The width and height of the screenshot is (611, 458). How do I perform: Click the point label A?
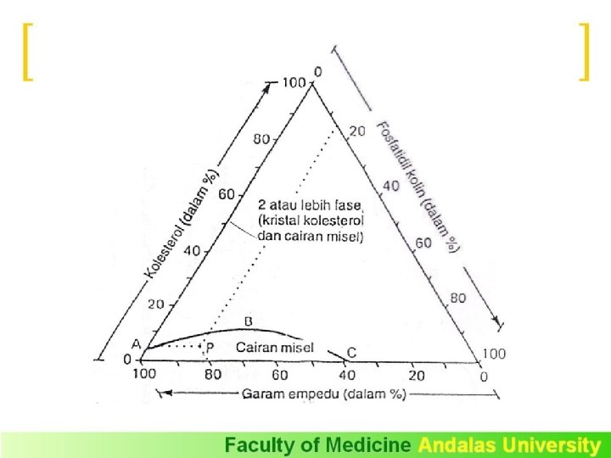click(136, 343)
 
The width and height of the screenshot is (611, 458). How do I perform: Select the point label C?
click(351, 352)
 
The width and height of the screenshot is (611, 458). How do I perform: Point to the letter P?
click(210, 348)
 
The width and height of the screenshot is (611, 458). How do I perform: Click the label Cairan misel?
click(274, 347)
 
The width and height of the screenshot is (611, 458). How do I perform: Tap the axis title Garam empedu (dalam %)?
click(324, 394)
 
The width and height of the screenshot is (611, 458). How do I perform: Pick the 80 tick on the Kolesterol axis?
click(261, 139)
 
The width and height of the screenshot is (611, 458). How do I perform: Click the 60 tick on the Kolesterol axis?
click(227, 194)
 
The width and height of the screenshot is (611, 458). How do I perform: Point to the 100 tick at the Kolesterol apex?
click(294, 83)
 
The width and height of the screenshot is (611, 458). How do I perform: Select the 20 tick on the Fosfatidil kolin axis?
click(357, 131)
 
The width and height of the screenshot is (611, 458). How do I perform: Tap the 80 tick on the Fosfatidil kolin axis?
click(458, 298)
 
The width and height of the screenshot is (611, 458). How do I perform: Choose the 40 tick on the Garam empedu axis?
click(347, 374)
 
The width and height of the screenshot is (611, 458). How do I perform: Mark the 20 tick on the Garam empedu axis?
click(417, 374)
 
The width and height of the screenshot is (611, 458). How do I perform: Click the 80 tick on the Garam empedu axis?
click(211, 374)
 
